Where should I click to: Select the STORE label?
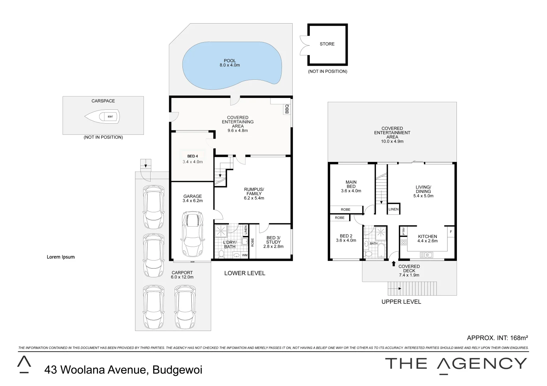tap(327, 44)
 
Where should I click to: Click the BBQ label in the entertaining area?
tap(287, 109)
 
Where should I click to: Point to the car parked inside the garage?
tap(192, 234)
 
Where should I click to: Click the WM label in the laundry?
tap(245, 255)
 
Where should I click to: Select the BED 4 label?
tap(192, 156)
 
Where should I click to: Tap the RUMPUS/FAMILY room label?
tap(254, 193)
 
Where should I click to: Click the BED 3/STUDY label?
tap(273, 242)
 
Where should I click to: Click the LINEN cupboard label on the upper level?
tap(394, 209)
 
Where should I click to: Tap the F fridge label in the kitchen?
tap(451, 232)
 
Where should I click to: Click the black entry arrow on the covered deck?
tap(394, 264)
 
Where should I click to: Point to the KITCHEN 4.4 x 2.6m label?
tap(428, 238)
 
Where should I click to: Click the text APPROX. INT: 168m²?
tap(498, 337)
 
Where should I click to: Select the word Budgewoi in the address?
tap(177, 370)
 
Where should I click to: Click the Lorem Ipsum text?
tap(61, 257)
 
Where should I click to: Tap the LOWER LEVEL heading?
tap(245, 273)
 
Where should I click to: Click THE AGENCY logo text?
tap(456, 364)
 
